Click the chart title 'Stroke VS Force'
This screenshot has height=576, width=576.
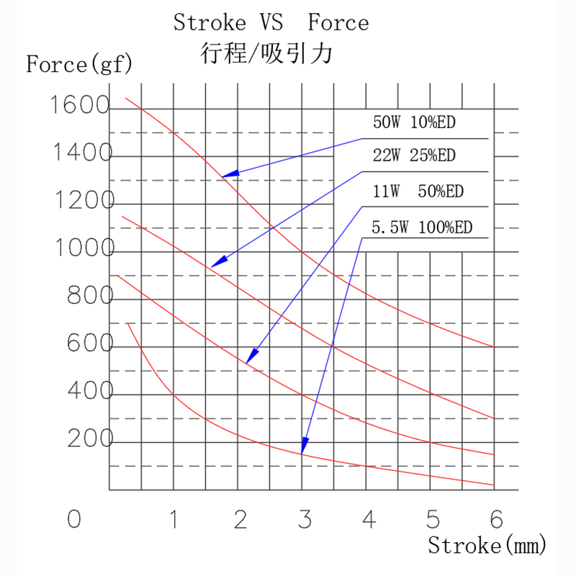(x=271, y=23)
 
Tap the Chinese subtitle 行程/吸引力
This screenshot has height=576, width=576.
(x=270, y=53)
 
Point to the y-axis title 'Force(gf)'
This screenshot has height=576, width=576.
(x=79, y=65)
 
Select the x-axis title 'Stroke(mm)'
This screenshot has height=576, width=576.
(x=487, y=545)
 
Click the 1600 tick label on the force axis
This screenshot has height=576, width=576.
(x=78, y=107)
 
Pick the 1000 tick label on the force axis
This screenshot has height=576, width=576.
(x=84, y=249)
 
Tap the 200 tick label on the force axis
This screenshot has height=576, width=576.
(x=90, y=439)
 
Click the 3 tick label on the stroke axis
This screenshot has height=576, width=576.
(x=305, y=518)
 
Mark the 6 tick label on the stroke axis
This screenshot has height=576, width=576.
(x=495, y=518)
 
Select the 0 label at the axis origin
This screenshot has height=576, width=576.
(x=73, y=519)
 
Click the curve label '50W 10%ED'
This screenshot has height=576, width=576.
(x=414, y=122)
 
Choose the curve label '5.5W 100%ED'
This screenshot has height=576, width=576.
(x=421, y=228)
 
